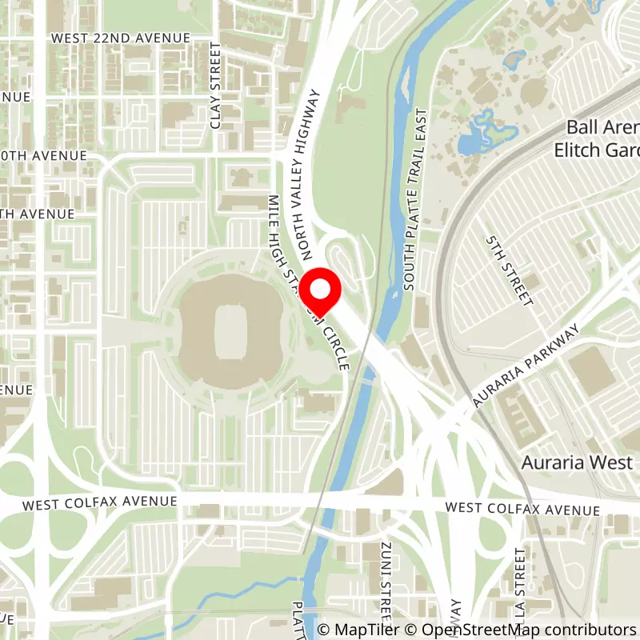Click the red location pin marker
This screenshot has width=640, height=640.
[320, 290]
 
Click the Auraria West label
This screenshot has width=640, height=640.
[577, 462]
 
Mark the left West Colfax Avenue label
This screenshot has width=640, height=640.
[99, 502]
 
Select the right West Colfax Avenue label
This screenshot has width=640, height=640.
[522, 509]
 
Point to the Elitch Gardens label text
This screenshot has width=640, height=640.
[596, 149]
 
